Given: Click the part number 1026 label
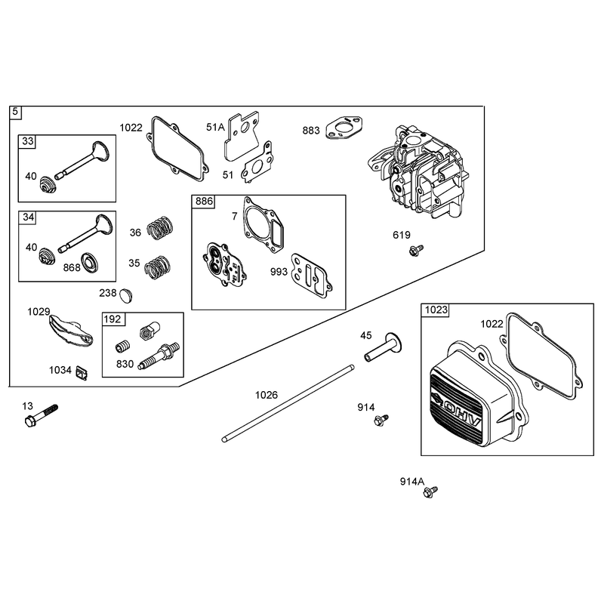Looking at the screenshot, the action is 267,395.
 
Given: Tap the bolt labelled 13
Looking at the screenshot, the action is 41,414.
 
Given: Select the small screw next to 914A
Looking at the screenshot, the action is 430,492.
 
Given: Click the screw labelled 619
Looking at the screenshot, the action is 416,251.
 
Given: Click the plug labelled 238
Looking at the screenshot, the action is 126,294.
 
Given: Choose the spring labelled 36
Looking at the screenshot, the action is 160,228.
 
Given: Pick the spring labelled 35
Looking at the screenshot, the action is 157,267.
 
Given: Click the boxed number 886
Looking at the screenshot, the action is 204,202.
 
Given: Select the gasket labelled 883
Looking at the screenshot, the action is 345,128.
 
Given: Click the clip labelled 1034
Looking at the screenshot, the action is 82,373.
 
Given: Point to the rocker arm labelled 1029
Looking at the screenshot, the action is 71,330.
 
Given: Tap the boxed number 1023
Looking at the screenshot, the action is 436,310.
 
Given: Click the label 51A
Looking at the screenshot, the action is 215,127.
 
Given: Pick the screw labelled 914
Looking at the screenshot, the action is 381,421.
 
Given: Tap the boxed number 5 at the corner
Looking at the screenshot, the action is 15,112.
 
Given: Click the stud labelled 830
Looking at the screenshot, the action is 159,356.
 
